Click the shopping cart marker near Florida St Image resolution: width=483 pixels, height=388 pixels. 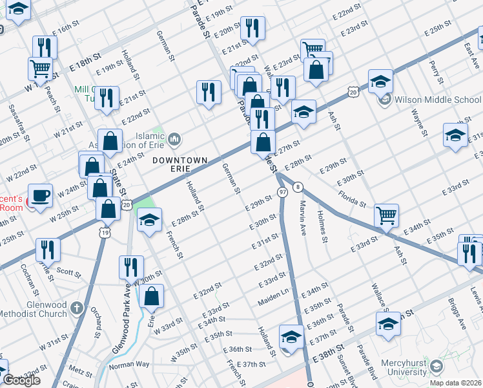click(386, 215)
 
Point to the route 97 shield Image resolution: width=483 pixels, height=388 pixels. click(282, 193)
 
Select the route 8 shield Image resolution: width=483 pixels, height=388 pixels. click(298, 188)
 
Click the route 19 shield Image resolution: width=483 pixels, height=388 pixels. click(104, 231)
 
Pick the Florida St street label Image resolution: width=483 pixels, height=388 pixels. click(353, 197)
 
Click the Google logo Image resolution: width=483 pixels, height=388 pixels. click(21, 381)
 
